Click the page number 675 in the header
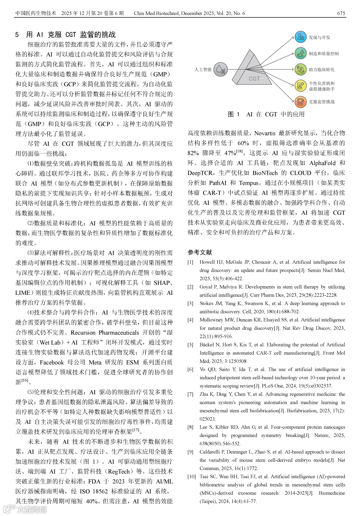[x=341, y=13]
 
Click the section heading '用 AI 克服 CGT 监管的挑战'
[x=71, y=35]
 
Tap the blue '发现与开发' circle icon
[x=301, y=37]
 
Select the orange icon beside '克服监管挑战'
[x=301, y=102]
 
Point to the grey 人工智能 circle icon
[x=220, y=69]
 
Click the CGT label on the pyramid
[x=254, y=79]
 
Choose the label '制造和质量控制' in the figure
[x=323, y=54]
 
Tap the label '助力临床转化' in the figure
[x=321, y=70]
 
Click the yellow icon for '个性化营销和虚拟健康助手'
[x=301, y=86]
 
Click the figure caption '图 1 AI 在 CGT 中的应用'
[x=266, y=114]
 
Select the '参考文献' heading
[x=200, y=252]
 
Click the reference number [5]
[x=190, y=345]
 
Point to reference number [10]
[x=191, y=476]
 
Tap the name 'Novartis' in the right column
[x=265, y=133]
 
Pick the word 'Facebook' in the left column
[x=52, y=362]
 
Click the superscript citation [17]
[x=136, y=430]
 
